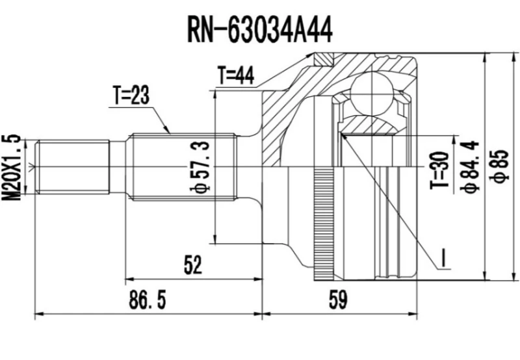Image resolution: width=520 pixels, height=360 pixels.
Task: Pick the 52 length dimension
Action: tap(193, 264)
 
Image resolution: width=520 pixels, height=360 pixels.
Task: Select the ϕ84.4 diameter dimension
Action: tap(470, 166)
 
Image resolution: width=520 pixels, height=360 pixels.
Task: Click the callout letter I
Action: tap(444, 260)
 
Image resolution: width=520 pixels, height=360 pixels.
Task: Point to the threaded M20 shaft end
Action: tap(71, 166)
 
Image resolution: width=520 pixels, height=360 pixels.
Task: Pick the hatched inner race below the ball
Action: tap(370, 125)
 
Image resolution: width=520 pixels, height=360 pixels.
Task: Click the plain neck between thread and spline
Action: tap(117, 166)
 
